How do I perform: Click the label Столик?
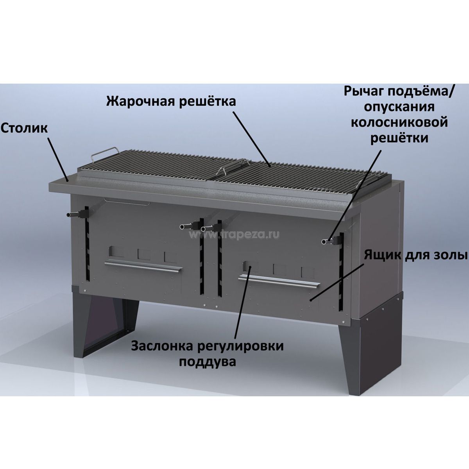24,129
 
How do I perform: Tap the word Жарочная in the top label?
140,101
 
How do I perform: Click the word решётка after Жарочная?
208,101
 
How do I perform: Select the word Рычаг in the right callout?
363,92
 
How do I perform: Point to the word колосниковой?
399,122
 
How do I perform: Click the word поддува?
208,362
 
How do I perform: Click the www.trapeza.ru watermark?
234,234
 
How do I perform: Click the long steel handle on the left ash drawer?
143,266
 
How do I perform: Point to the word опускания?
399,107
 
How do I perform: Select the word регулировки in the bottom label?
241,347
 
